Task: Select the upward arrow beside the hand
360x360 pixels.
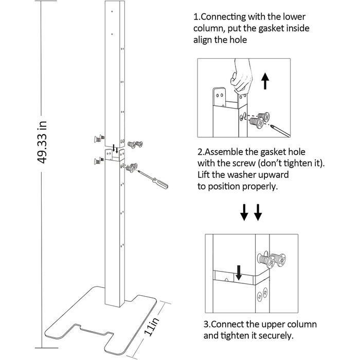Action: click(x=265, y=80)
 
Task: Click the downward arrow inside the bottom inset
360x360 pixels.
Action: click(x=238, y=273)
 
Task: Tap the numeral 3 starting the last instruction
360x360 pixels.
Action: click(x=206, y=325)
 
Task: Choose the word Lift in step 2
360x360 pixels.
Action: click(x=205, y=175)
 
